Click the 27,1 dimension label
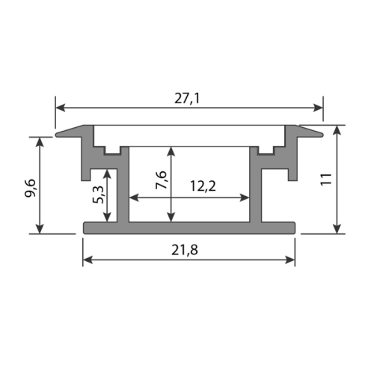pos(187,99)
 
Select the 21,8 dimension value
pos(185,250)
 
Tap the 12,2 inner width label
pos(203,186)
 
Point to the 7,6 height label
pos(161,180)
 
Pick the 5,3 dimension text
pos(99,194)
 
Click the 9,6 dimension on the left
pos(31,188)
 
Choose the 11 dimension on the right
pos(326,179)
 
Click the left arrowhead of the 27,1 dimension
pos(60,108)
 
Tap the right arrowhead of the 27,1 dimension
pos(318,108)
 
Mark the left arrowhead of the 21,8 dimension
pos(88,260)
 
